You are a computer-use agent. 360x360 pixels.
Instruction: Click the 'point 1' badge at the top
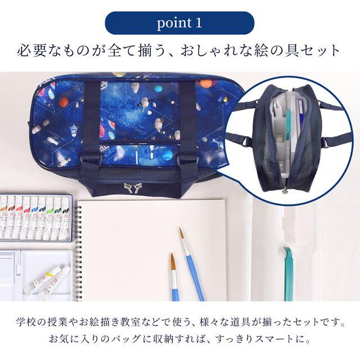179,24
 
